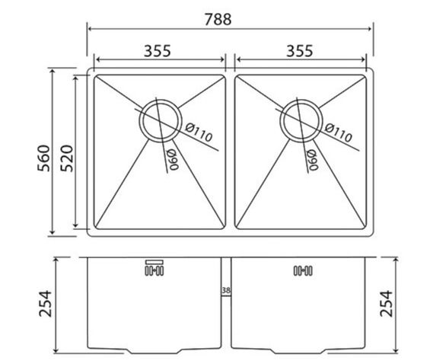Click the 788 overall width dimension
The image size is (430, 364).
tap(218, 20)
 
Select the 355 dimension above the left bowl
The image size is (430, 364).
tap(158, 51)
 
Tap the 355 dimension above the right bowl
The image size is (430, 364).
tap(299, 51)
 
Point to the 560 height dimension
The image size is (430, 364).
tap(44, 158)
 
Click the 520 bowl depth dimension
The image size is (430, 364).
tap(67, 158)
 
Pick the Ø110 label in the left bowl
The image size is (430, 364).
tap(199, 133)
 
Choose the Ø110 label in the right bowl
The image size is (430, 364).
tap(338, 133)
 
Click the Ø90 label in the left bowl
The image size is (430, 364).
tap(173, 159)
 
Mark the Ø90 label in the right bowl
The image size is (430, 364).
tap(312, 160)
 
